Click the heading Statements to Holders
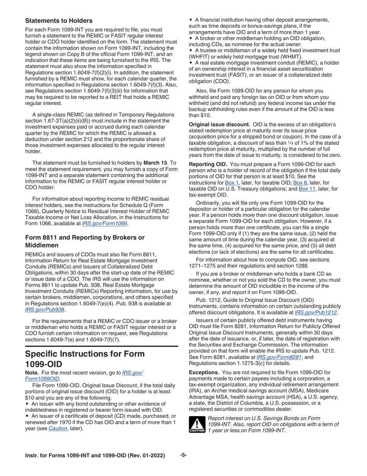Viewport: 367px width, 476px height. pos(59,21)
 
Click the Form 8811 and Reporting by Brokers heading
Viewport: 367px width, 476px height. pos(85,241)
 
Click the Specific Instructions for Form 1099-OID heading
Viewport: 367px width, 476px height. pos(85,359)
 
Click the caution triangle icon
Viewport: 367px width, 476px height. pos(197,424)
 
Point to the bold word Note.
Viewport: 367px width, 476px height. pos(32,372)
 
